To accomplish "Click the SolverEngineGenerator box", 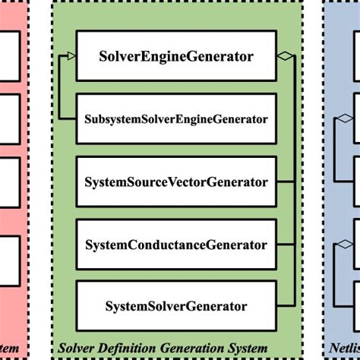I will point(176,55).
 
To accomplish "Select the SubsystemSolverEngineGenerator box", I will point(176,119).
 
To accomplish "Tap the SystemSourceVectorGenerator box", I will point(176,182).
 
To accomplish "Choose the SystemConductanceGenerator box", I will point(176,245).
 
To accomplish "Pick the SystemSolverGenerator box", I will point(176,306).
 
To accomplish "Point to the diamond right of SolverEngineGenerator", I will point(285,55).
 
